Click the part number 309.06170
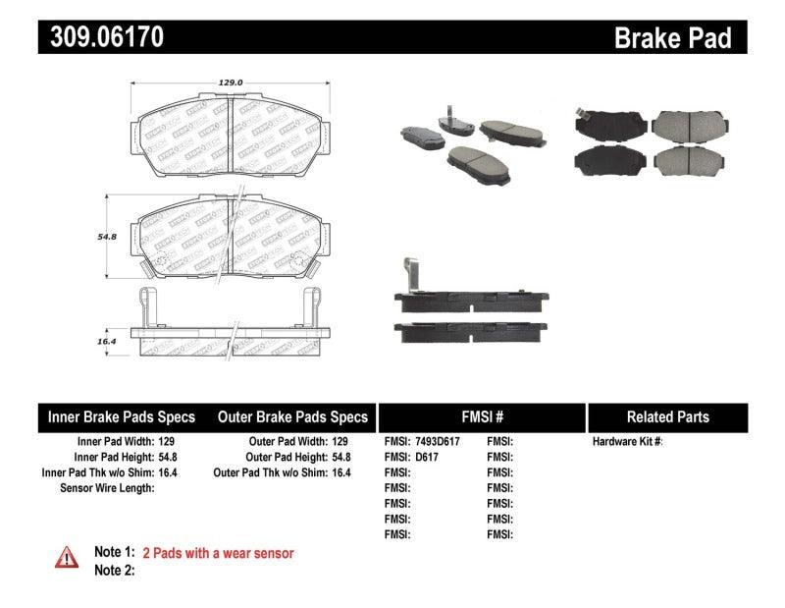click(101, 37)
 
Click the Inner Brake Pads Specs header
click(122, 416)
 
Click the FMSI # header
click(482, 416)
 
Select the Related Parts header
click(668, 416)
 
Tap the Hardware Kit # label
click(627, 442)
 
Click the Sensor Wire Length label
click(106, 488)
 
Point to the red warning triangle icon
click(66, 557)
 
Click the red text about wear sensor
click(218, 553)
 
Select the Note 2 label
click(114, 570)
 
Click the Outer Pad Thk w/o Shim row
click(282, 472)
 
